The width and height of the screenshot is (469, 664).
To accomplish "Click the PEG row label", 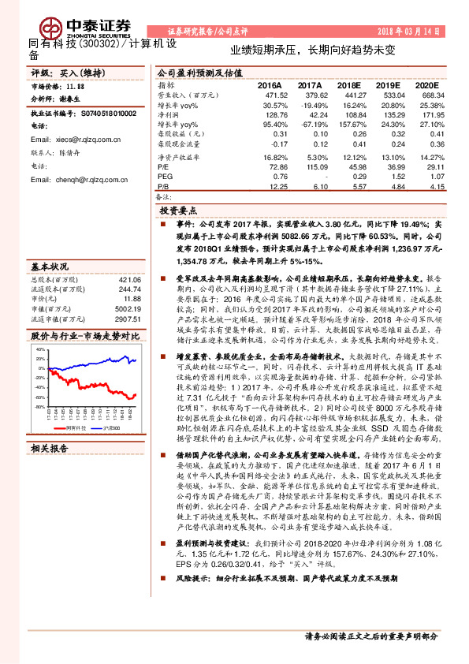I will click(164, 176).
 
